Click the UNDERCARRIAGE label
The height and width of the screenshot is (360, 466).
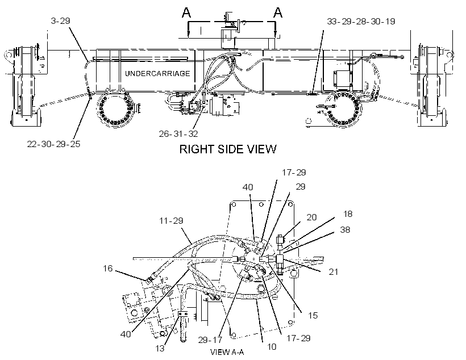tap(157, 73)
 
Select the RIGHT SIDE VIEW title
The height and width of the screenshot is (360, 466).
tap(228, 149)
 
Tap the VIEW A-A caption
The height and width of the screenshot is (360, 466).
tap(227, 352)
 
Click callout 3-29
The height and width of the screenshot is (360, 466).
tap(61, 21)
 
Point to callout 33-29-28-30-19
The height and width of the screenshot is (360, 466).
tap(361, 22)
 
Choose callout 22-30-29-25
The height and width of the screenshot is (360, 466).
tap(54, 144)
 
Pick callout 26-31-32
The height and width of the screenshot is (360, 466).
tap(178, 133)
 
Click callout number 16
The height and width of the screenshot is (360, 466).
tap(108, 269)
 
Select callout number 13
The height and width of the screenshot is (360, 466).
tap(160, 348)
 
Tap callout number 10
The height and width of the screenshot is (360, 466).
tap(271, 346)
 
